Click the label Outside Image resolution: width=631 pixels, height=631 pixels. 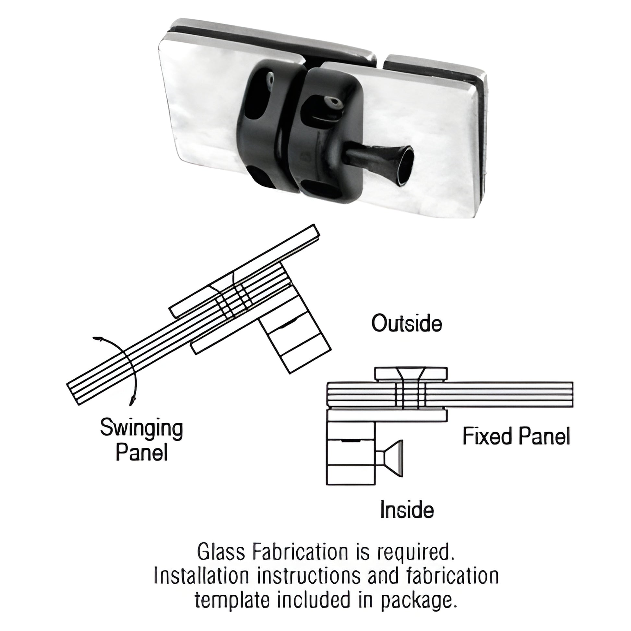[407, 324]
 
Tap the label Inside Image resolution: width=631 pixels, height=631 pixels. [407, 509]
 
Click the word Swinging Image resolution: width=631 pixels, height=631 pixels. [141, 429]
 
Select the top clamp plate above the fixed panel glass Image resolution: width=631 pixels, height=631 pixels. [411, 373]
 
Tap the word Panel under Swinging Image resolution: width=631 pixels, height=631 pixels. [141, 452]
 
